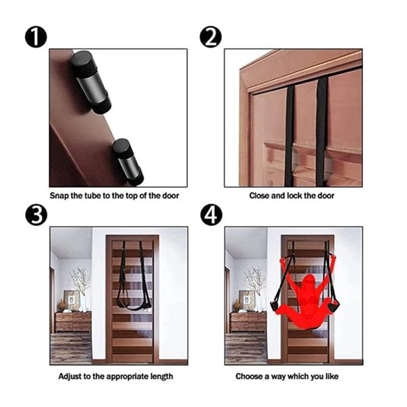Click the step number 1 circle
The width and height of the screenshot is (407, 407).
[36, 37]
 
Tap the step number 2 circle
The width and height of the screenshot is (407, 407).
[210, 37]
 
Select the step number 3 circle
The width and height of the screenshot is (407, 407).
[36, 215]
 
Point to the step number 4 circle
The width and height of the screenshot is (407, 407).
[211, 215]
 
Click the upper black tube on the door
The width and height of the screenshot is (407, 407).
[91, 82]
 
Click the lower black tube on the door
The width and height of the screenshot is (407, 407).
[128, 162]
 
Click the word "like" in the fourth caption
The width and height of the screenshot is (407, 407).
[332, 376]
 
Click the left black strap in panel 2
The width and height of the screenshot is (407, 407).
[290, 136]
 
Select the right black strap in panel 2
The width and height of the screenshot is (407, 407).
[322, 132]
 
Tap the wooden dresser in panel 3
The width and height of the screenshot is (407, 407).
[73, 322]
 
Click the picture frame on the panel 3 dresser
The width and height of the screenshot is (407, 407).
[71, 301]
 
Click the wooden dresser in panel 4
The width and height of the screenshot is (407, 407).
[248, 322]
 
